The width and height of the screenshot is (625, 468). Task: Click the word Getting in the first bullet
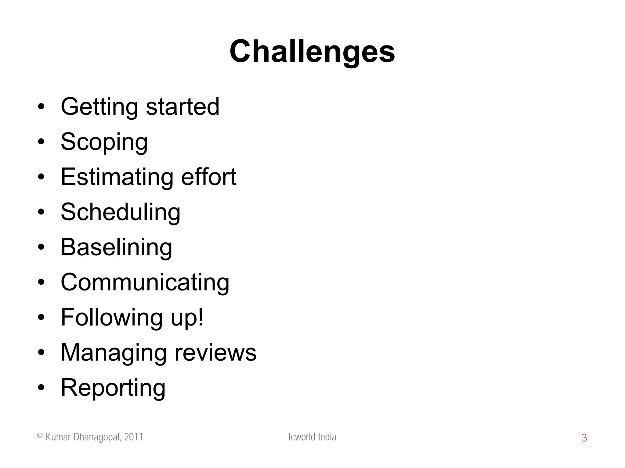99,107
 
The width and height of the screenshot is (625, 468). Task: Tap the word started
182,107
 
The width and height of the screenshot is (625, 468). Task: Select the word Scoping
104,142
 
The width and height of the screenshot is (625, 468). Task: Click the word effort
208,177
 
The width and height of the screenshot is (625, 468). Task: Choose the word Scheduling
121,212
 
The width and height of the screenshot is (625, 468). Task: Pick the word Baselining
116,247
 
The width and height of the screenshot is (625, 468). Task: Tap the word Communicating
145,282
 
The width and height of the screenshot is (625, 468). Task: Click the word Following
111,317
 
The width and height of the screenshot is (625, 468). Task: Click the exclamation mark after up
200,317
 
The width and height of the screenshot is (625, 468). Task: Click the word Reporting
113,388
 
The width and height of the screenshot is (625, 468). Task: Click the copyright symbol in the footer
40,436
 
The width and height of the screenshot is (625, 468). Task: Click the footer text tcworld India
312,437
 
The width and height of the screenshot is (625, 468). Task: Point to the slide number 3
584,438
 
